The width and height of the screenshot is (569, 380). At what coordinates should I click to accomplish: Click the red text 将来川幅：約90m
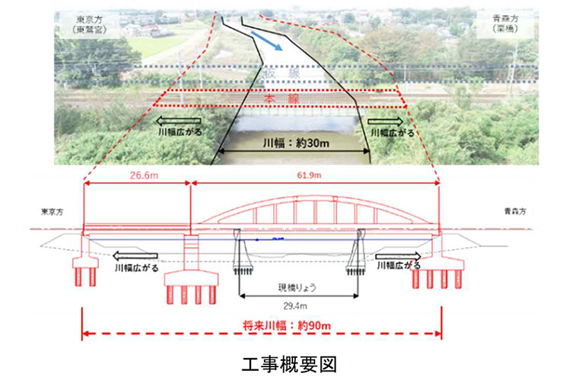[x=285, y=326]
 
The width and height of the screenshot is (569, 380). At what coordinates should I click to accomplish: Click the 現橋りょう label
[x=297, y=289]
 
